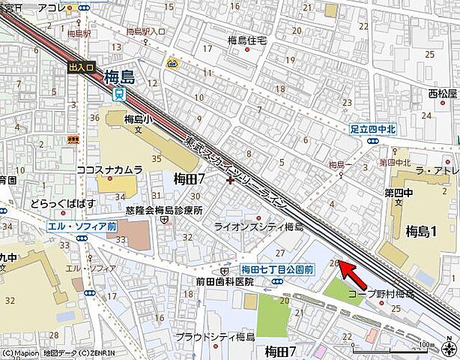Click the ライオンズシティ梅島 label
point(258,226)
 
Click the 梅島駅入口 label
point(145,31)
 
